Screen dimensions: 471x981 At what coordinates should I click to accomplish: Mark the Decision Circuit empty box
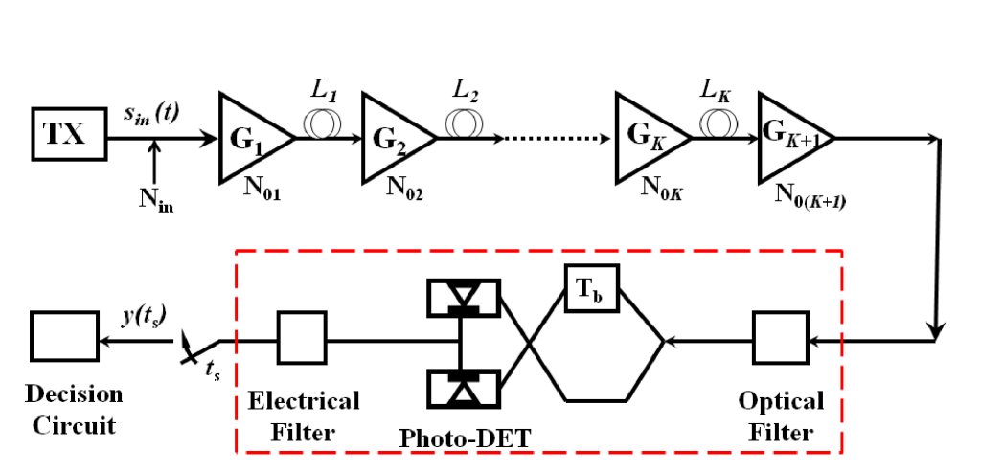coord(63,339)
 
